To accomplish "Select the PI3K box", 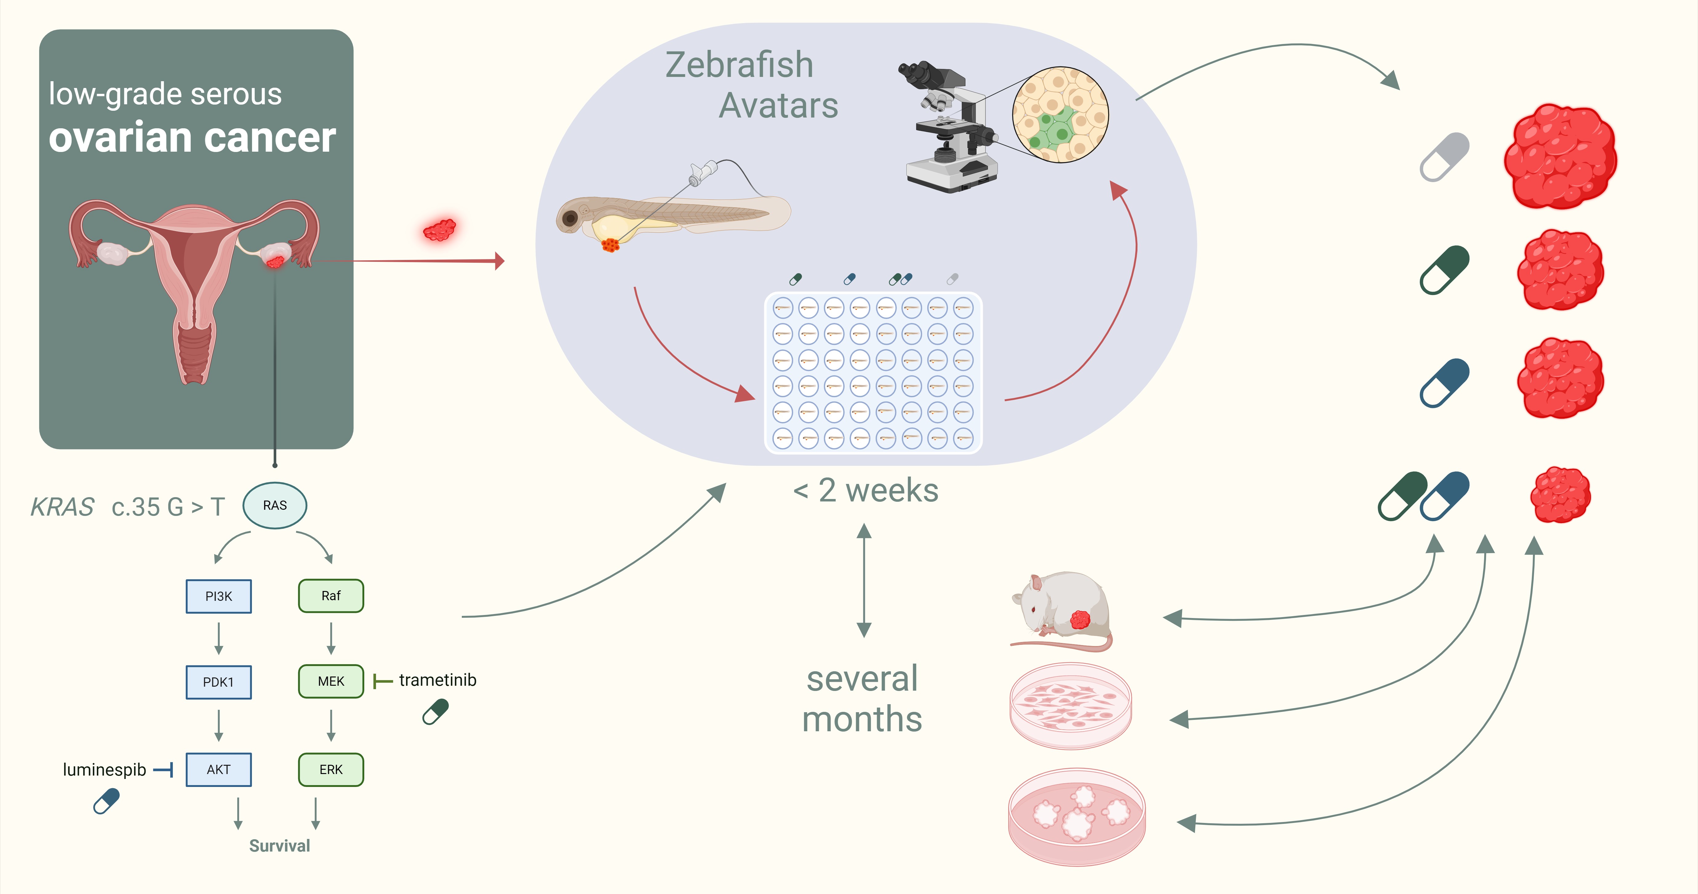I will [219, 596].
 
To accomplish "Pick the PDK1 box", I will [219, 682].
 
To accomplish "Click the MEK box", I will [331, 681].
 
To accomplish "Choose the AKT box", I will [219, 769].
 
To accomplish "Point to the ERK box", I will [331, 769].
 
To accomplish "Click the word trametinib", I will [438, 680].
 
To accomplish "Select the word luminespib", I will [104, 769].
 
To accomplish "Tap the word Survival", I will [279, 846].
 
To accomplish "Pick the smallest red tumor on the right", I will [1560, 494].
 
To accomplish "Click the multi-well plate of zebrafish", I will [873, 373].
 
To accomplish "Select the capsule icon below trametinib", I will [436, 711].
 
